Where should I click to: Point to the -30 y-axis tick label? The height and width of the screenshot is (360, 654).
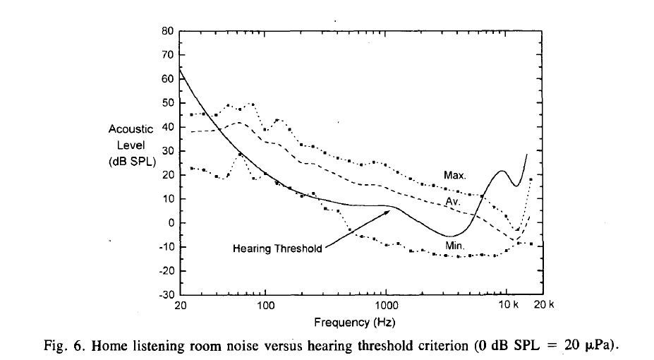point(167,295)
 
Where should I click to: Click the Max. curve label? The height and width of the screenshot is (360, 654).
point(455,174)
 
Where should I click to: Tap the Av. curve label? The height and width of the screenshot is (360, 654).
point(452,202)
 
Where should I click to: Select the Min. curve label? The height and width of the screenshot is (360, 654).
point(454,244)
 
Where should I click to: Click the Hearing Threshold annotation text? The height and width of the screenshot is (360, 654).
point(277,248)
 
